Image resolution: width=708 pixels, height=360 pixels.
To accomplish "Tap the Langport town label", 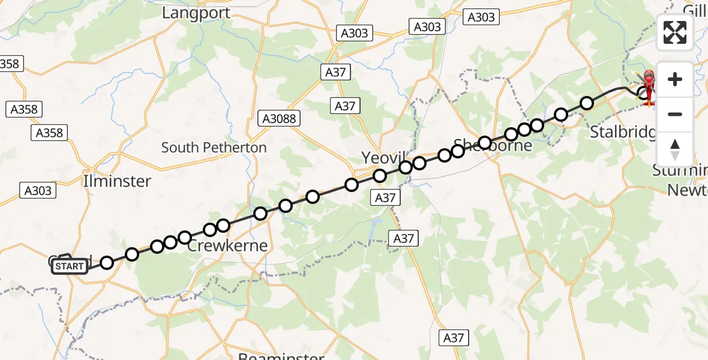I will [x=196, y=13].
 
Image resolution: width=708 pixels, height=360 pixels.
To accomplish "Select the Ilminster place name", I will [x=118, y=181].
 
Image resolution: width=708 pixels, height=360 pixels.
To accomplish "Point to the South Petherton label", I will [x=214, y=148].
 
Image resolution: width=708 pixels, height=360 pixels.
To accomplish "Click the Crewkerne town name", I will [x=227, y=246].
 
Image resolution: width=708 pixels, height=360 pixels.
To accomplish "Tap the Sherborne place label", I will [x=493, y=145].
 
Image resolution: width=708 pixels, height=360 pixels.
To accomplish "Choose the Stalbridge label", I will [x=622, y=132].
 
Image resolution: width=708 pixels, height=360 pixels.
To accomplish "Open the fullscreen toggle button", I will [x=675, y=32].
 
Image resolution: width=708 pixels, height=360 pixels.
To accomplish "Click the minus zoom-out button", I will [x=675, y=114].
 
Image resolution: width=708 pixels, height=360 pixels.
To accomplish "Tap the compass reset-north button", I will [x=675, y=149].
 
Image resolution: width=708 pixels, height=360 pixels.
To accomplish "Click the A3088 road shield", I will [x=279, y=119].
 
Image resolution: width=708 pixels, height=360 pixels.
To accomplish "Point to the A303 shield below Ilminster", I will [x=38, y=191].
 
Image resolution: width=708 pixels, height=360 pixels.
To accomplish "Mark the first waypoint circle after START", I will [x=107, y=262].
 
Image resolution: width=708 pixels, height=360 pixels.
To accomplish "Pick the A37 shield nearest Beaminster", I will [x=453, y=338].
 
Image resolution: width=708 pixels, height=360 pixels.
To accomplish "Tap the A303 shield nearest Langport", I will [x=354, y=33].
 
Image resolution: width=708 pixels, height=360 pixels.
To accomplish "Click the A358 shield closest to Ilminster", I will [x=49, y=133].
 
